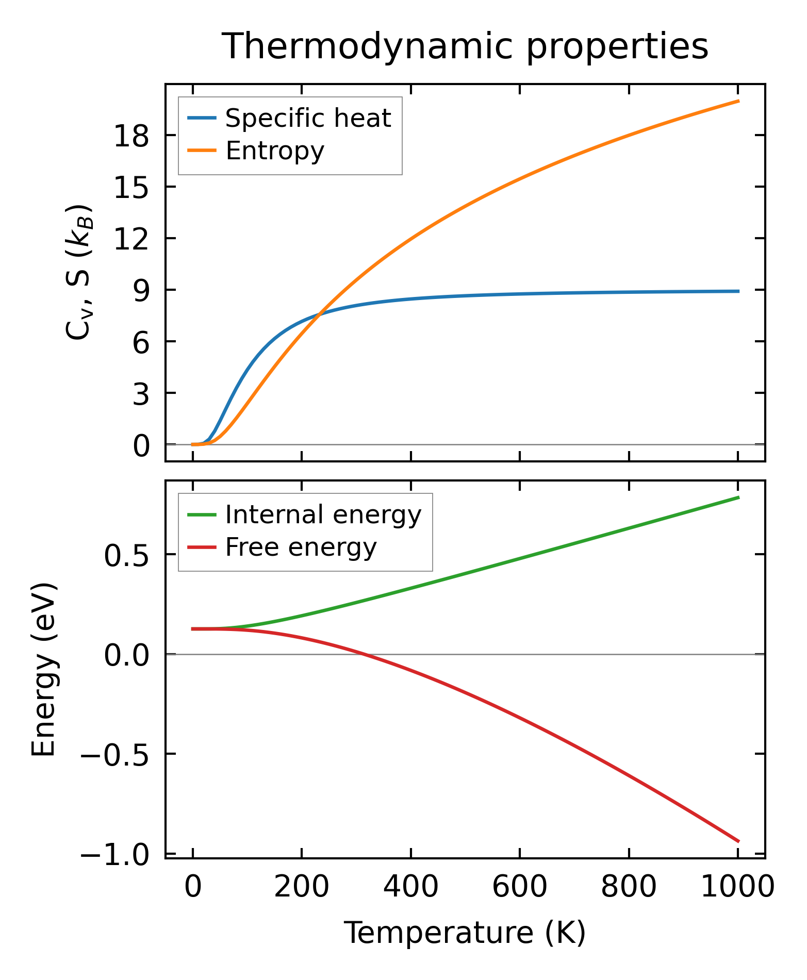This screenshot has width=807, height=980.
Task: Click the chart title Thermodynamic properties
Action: [465, 47]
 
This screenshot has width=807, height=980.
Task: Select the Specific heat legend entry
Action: [308, 119]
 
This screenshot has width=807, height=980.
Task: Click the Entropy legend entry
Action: [275, 151]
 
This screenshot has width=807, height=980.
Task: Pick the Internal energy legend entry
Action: [323, 515]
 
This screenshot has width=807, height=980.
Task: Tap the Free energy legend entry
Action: [301, 547]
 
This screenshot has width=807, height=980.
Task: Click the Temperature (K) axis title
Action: [465, 933]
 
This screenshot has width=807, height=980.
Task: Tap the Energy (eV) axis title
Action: [43, 670]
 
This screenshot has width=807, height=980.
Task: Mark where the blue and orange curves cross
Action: [320, 314]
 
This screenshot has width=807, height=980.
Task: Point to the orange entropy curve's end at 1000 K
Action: [738, 101]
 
